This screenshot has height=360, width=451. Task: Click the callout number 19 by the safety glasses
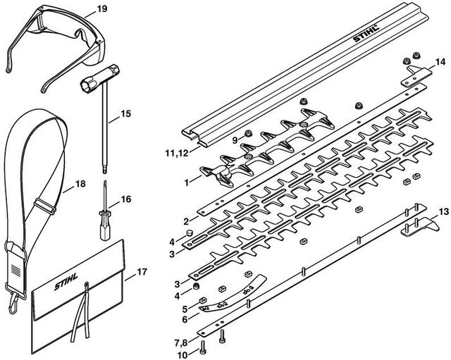[101, 9]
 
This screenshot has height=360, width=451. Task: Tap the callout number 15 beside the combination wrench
[125, 114]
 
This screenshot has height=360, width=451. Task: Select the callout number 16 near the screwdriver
[125, 199]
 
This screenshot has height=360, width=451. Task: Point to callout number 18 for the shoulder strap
[80, 183]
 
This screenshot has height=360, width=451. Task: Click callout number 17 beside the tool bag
[142, 272]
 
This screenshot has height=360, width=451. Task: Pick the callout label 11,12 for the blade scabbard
[177, 153]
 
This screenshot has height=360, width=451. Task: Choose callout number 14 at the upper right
[440, 62]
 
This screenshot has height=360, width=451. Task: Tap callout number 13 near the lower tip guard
[444, 212]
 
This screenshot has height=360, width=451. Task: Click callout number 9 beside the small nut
[235, 140]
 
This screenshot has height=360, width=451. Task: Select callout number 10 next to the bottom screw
[183, 355]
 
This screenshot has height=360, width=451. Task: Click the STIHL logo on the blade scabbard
[366, 33]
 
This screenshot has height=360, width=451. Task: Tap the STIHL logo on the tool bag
[66, 282]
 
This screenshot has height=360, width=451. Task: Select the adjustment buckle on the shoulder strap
[45, 206]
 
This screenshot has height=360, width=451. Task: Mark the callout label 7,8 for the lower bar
[180, 343]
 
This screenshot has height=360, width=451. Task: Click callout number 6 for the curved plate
[185, 319]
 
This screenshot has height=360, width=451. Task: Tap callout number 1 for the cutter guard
[187, 182]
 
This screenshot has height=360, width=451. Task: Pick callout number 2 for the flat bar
[186, 221]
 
